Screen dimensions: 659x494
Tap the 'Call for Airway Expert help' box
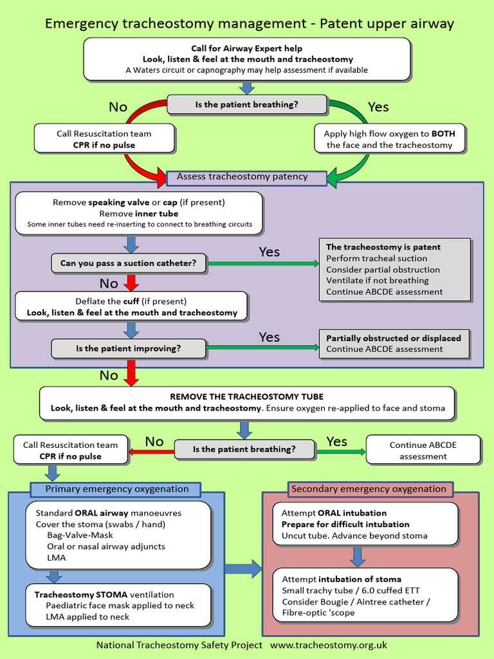coord(247,59)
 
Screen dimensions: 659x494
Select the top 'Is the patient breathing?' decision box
coord(247,104)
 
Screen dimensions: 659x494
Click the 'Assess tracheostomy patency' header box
coord(246,177)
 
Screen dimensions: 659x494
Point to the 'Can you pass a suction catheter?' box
coord(129,263)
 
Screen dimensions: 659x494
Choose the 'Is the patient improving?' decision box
coord(129,349)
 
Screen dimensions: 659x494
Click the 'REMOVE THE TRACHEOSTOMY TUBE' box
coord(247,403)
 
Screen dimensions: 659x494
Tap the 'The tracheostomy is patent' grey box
coord(395,269)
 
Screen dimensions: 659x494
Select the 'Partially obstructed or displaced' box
coord(395,343)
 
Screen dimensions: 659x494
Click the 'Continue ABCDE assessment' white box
coord(423,450)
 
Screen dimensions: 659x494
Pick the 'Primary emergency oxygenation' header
coord(117,489)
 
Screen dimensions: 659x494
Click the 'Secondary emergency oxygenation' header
coord(369,489)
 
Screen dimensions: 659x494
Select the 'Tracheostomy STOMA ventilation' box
coord(119,606)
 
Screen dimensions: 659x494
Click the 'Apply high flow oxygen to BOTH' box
coord(389,139)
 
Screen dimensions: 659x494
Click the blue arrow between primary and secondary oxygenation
coord(245,568)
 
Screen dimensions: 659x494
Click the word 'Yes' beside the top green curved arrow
coord(378,107)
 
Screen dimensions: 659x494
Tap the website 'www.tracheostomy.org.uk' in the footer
coord(328,645)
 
